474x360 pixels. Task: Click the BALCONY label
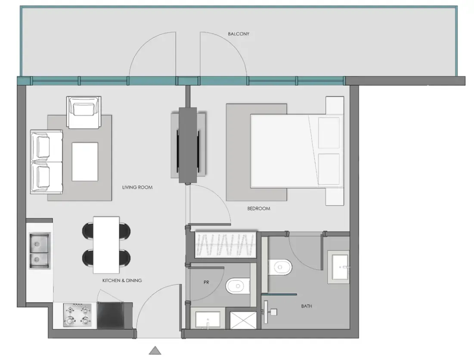[239, 34]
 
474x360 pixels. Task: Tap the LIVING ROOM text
[137, 188]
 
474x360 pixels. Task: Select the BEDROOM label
[258, 209]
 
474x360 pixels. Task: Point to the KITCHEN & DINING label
[122, 280]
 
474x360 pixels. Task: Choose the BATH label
[307, 306]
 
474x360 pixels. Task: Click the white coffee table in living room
[85, 162]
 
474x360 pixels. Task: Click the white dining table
[106, 244]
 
